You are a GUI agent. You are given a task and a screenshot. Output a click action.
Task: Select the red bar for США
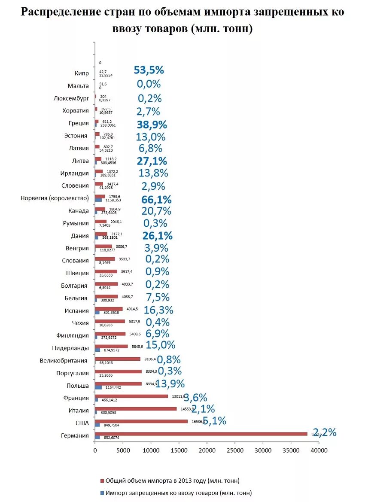141,421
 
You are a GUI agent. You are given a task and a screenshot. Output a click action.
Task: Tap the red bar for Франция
131,396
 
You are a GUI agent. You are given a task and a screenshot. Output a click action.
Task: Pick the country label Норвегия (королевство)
55,198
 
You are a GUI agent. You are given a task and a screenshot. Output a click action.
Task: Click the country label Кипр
81,73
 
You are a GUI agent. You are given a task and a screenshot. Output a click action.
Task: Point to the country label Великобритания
64,361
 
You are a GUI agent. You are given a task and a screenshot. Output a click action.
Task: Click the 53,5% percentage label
149,70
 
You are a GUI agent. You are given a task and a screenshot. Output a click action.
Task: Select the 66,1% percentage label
156,200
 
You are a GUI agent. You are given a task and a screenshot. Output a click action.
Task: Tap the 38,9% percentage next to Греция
152,125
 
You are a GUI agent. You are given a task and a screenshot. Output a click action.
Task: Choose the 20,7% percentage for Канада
156,211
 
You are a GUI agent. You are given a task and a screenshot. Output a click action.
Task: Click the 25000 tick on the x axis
235,450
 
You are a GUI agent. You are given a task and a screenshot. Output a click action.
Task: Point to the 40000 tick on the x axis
319,450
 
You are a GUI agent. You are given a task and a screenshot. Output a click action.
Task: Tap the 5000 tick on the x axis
123,450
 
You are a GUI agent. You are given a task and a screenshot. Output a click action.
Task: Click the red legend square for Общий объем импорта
102,481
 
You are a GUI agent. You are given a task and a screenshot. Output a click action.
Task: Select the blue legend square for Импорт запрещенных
102,493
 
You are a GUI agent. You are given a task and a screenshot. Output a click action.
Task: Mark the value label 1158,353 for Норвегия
113,200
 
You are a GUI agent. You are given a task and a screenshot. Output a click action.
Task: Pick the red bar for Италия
136,409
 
